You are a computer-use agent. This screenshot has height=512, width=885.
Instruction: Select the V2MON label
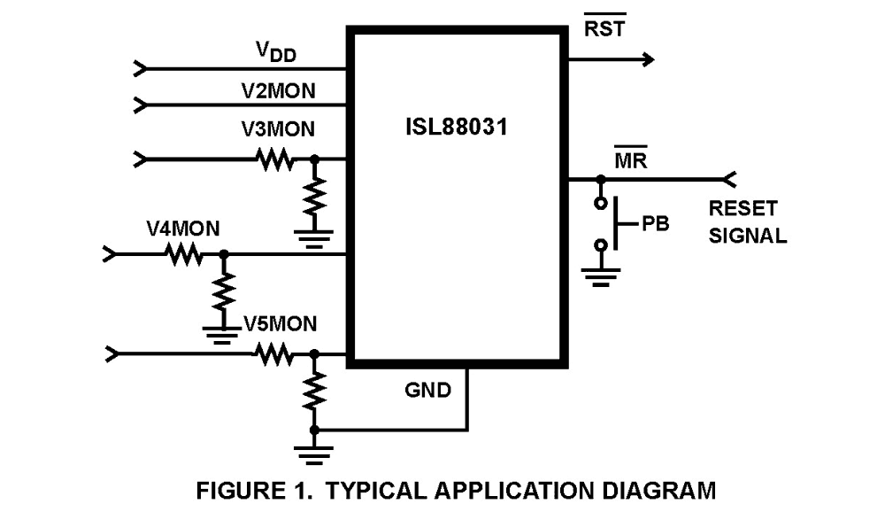click(x=279, y=90)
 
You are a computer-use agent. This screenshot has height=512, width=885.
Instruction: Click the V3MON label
click(x=278, y=129)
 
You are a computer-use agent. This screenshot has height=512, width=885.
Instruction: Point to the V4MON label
click(x=183, y=228)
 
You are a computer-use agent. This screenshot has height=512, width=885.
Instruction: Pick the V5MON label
click(x=279, y=324)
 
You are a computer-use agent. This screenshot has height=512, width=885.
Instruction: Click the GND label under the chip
click(x=427, y=390)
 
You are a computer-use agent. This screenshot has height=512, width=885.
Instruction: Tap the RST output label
click(x=604, y=28)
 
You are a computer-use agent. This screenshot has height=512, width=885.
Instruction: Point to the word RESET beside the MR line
click(x=743, y=210)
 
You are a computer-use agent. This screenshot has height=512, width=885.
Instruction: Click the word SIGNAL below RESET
click(x=747, y=237)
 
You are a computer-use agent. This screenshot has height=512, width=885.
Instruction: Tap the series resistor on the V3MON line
click(x=274, y=160)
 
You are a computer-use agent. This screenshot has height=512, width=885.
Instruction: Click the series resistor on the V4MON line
click(x=183, y=255)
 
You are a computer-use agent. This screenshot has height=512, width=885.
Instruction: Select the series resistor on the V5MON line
click(x=274, y=354)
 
